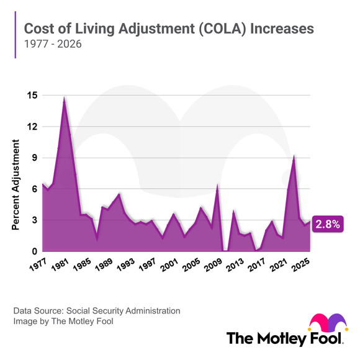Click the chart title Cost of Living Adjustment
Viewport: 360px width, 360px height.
coord(168,29)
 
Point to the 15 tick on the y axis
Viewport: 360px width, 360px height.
coord(32,96)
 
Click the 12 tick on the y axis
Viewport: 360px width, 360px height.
coord(32,127)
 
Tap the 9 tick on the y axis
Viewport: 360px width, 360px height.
coord(34,158)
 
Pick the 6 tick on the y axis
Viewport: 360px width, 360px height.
coord(34,189)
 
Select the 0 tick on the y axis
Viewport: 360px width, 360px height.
coord(34,251)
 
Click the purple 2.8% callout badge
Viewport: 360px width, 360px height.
coord(328,225)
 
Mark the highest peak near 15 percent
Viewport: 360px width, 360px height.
coord(64,97)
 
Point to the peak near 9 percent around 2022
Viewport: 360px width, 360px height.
coord(294,156)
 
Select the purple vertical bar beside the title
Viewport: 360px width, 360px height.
coord(15,37)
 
